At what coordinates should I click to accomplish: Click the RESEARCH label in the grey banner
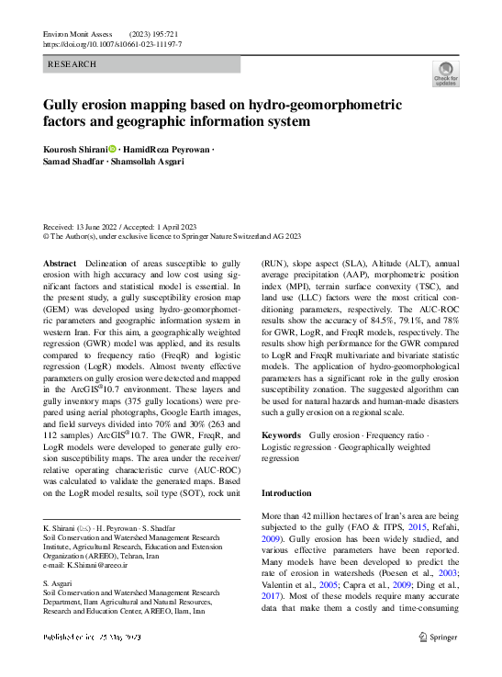(x=71, y=65)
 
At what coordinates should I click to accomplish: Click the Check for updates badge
(x=445, y=73)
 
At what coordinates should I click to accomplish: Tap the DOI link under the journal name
(x=113, y=44)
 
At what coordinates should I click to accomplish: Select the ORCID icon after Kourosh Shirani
(x=113, y=149)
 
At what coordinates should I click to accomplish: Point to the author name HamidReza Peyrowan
(x=165, y=149)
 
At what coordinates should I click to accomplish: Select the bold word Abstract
(x=60, y=263)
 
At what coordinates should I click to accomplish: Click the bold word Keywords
(x=282, y=434)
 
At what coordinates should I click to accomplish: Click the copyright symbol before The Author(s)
(x=48, y=235)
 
